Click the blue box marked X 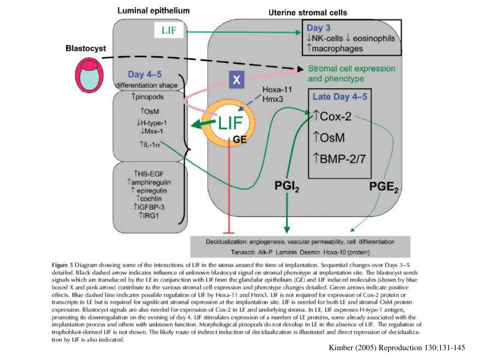(x=237, y=80)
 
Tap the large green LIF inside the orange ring (x=230, y=123)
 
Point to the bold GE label (x=240, y=139)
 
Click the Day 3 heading (x=319, y=28)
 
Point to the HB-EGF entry (x=150, y=172)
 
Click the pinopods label (x=149, y=97)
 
